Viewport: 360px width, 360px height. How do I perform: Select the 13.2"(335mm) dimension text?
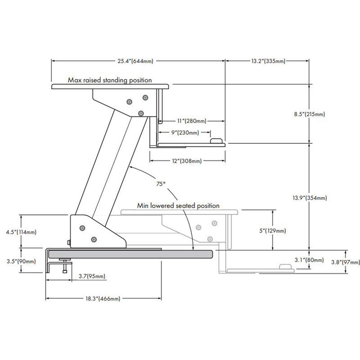point(268,61)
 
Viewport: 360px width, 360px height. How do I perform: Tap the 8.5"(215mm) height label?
point(310,114)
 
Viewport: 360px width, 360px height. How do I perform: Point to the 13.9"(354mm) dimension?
point(310,198)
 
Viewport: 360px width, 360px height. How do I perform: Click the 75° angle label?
point(161,183)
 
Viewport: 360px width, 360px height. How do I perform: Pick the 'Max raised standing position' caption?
point(110,80)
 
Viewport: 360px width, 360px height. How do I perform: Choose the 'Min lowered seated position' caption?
point(178,206)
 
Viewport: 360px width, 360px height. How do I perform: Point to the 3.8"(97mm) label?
point(346,262)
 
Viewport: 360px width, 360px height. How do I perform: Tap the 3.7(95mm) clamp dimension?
point(92,276)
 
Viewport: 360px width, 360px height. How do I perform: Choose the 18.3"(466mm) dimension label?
point(103,298)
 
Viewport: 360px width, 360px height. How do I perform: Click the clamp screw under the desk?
point(64,267)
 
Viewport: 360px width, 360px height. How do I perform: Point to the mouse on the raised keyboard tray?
point(216,141)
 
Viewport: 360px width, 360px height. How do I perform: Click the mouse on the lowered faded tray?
point(285,267)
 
